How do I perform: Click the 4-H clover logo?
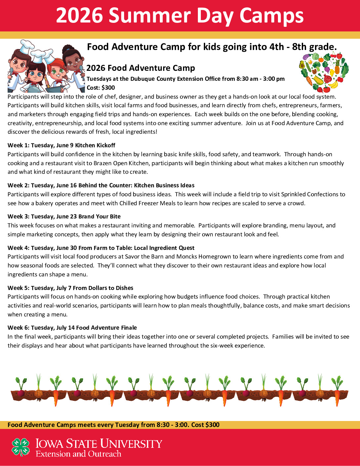(21, 447)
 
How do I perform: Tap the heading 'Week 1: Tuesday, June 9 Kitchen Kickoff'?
(62, 145)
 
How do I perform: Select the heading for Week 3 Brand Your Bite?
(64, 216)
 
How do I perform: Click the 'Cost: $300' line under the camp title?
(101, 88)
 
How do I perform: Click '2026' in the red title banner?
(79, 16)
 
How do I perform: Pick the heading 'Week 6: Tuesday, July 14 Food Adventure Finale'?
(72, 328)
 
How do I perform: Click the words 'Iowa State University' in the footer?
(99, 443)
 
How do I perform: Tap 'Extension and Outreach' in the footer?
(78, 454)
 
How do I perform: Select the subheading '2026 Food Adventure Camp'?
(141, 68)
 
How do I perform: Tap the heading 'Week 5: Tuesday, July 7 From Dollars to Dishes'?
(70, 288)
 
